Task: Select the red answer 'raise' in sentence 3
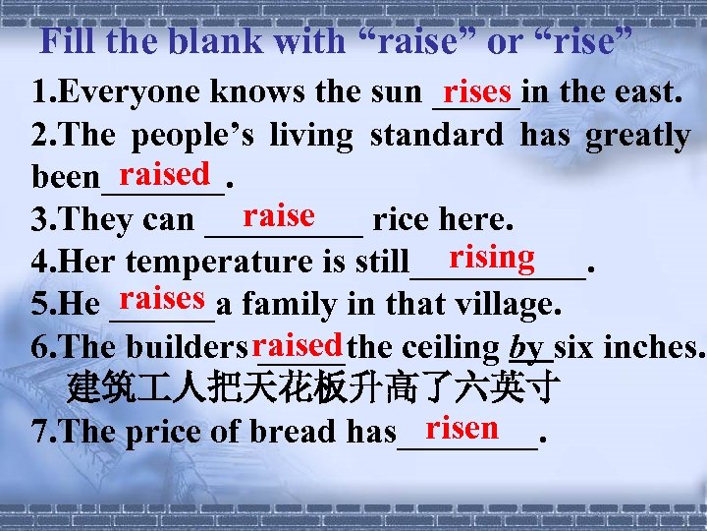click(279, 214)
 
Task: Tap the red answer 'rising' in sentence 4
click(492, 257)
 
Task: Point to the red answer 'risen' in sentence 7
click(462, 427)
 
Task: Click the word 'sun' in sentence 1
click(396, 93)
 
